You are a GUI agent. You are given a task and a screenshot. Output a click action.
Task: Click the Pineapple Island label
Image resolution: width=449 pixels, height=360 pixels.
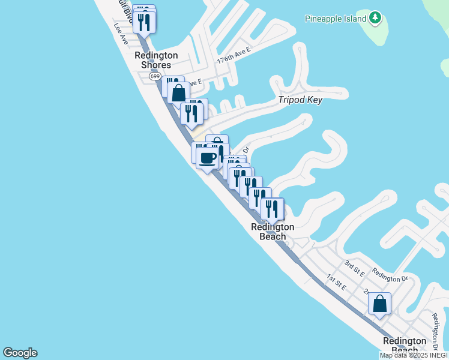click(x=336, y=19)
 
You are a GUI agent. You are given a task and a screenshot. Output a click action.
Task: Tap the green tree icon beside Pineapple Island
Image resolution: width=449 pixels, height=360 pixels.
click(x=375, y=18)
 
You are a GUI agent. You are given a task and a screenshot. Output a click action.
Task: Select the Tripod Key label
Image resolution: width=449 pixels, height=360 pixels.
click(x=300, y=100)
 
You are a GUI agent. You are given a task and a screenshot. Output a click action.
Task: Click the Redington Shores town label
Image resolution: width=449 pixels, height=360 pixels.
click(x=152, y=60)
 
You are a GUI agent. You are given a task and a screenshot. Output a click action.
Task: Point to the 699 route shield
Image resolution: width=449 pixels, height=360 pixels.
click(x=155, y=76)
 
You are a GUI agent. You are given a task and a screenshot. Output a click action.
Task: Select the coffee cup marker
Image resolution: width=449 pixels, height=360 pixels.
click(x=207, y=158)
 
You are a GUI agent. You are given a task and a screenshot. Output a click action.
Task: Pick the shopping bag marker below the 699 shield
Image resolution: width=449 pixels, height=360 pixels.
click(x=178, y=93)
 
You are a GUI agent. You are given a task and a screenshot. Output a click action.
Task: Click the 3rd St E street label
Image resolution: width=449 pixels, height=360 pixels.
click(x=354, y=267)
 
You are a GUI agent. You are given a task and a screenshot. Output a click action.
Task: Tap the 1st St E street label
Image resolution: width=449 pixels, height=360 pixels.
click(x=336, y=281)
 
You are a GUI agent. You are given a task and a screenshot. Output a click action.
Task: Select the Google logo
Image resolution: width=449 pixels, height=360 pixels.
click(x=20, y=353)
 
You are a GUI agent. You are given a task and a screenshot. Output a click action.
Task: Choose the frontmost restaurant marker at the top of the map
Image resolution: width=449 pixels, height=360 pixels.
click(x=145, y=22)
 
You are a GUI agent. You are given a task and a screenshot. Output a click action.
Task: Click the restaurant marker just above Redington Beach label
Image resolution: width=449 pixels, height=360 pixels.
click(x=272, y=209)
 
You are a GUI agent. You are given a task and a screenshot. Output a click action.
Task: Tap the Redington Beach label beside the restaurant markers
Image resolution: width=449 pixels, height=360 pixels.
click(x=272, y=232)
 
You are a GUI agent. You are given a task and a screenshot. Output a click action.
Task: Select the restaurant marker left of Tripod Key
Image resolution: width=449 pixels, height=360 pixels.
click(x=191, y=114)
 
